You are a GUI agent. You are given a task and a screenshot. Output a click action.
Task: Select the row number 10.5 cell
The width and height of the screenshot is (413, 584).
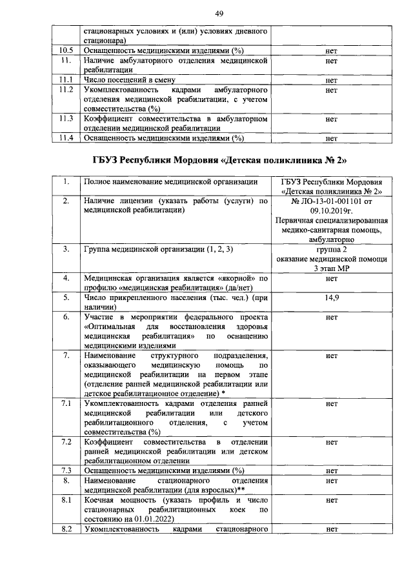point(66,50)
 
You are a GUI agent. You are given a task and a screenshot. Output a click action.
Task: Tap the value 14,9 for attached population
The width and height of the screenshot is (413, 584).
point(332,298)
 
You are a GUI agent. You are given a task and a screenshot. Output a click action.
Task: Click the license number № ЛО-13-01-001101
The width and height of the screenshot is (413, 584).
point(332,201)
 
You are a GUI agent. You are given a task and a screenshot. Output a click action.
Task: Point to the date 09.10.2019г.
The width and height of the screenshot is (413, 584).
point(332,210)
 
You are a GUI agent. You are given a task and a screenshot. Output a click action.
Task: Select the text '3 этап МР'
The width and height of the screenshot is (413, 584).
point(332,268)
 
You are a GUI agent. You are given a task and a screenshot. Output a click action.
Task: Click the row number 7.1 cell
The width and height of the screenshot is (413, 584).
point(66,403)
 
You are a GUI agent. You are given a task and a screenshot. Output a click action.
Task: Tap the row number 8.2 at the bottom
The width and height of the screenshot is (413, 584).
point(66,529)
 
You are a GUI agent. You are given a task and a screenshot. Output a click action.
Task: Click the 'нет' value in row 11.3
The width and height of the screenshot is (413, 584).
point(332,119)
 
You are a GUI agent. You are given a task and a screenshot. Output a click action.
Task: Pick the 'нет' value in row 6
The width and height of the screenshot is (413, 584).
point(332,317)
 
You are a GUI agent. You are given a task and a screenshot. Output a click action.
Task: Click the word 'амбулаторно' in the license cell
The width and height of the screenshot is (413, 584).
point(332,239)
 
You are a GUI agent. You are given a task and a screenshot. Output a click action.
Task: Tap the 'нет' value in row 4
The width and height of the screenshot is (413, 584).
point(332,279)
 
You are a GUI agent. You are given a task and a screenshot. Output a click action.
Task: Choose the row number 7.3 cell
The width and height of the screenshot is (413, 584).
point(66,470)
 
